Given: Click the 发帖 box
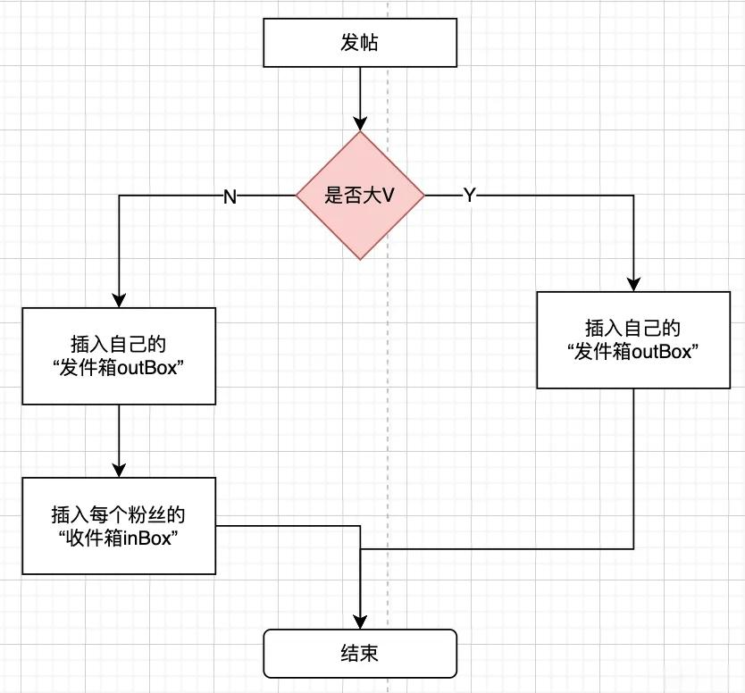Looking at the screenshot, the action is (x=360, y=43).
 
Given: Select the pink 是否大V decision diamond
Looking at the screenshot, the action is (x=360, y=196).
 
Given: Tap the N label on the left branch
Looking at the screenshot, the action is (x=230, y=196).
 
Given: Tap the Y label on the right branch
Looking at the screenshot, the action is (x=470, y=195).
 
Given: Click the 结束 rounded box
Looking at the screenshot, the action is (x=360, y=654).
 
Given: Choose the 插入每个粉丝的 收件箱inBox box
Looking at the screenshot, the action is (x=119, y=526).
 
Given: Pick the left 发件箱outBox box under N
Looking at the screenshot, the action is (x=119, y=356).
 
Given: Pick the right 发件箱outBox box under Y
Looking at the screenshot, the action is (x=633, y=340).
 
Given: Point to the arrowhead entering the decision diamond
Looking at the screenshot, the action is (x=360, y=124).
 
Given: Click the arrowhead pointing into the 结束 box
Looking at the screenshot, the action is (x=360, y=622).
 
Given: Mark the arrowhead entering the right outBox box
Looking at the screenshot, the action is (x=633, y=285).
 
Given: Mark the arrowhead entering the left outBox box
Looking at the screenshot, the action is (x=119, y=301).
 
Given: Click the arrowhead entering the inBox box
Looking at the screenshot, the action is (x=119, y=471).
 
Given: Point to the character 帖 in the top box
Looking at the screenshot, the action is (x=370, y=43).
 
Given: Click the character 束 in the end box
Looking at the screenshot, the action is (x=370, y=654).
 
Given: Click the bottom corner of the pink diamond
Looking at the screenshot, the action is (x=360, y=260).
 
